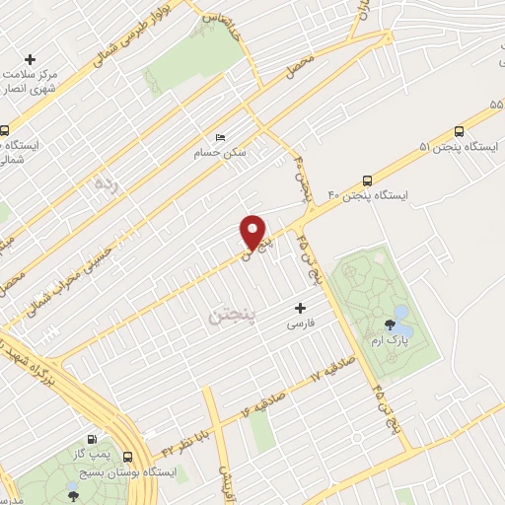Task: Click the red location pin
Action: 253,232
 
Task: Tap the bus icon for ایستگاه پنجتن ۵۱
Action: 459,131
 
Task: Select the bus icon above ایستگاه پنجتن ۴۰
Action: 367,180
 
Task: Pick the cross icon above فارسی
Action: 299,309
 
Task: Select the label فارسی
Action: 299,324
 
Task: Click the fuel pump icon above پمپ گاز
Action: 91,439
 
